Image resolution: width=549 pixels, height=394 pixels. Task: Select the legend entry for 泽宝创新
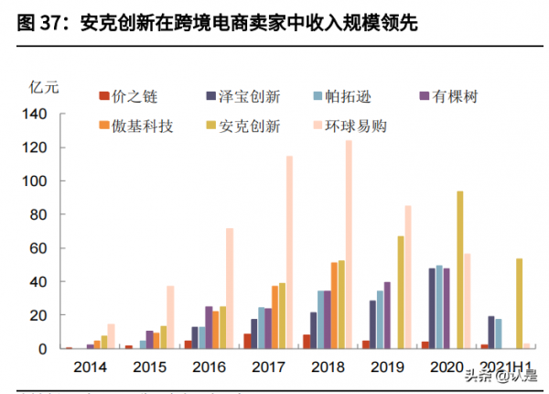(x=239, y=96)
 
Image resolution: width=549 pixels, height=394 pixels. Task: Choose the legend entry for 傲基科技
(x=133, y=126)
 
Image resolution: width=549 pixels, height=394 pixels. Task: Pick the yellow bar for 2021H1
(x=519, y=303)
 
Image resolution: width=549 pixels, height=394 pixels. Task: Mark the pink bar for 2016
(x=230, y=288)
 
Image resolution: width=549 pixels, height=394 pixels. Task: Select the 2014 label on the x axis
(x=91, y=367)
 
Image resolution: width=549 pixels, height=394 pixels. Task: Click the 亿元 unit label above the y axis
(x=44, y=88)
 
